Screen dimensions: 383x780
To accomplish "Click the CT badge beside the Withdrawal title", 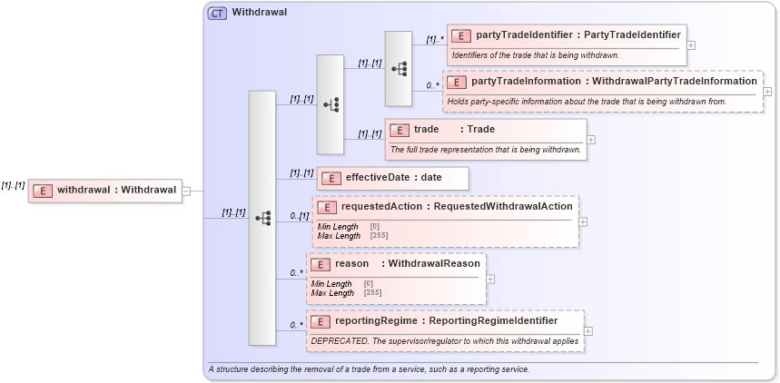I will coord(217,14).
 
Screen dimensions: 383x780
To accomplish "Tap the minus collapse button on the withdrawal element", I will coord(186,191).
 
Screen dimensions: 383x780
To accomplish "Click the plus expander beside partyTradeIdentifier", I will coord(691,44).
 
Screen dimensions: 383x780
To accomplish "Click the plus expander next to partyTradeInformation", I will coord(768,91).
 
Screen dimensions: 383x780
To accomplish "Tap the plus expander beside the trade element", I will coord(591,140).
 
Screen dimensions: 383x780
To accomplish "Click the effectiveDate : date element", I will coord(392,177).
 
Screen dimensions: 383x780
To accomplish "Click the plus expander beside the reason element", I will coord(490,279).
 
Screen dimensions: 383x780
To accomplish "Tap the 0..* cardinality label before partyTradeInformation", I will coord(432,85).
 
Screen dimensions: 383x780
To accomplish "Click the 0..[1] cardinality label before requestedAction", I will coord(299,216).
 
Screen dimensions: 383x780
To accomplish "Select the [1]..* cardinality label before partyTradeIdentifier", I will coord(434,40).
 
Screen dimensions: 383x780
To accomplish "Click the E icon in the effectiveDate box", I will coord(332,178).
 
